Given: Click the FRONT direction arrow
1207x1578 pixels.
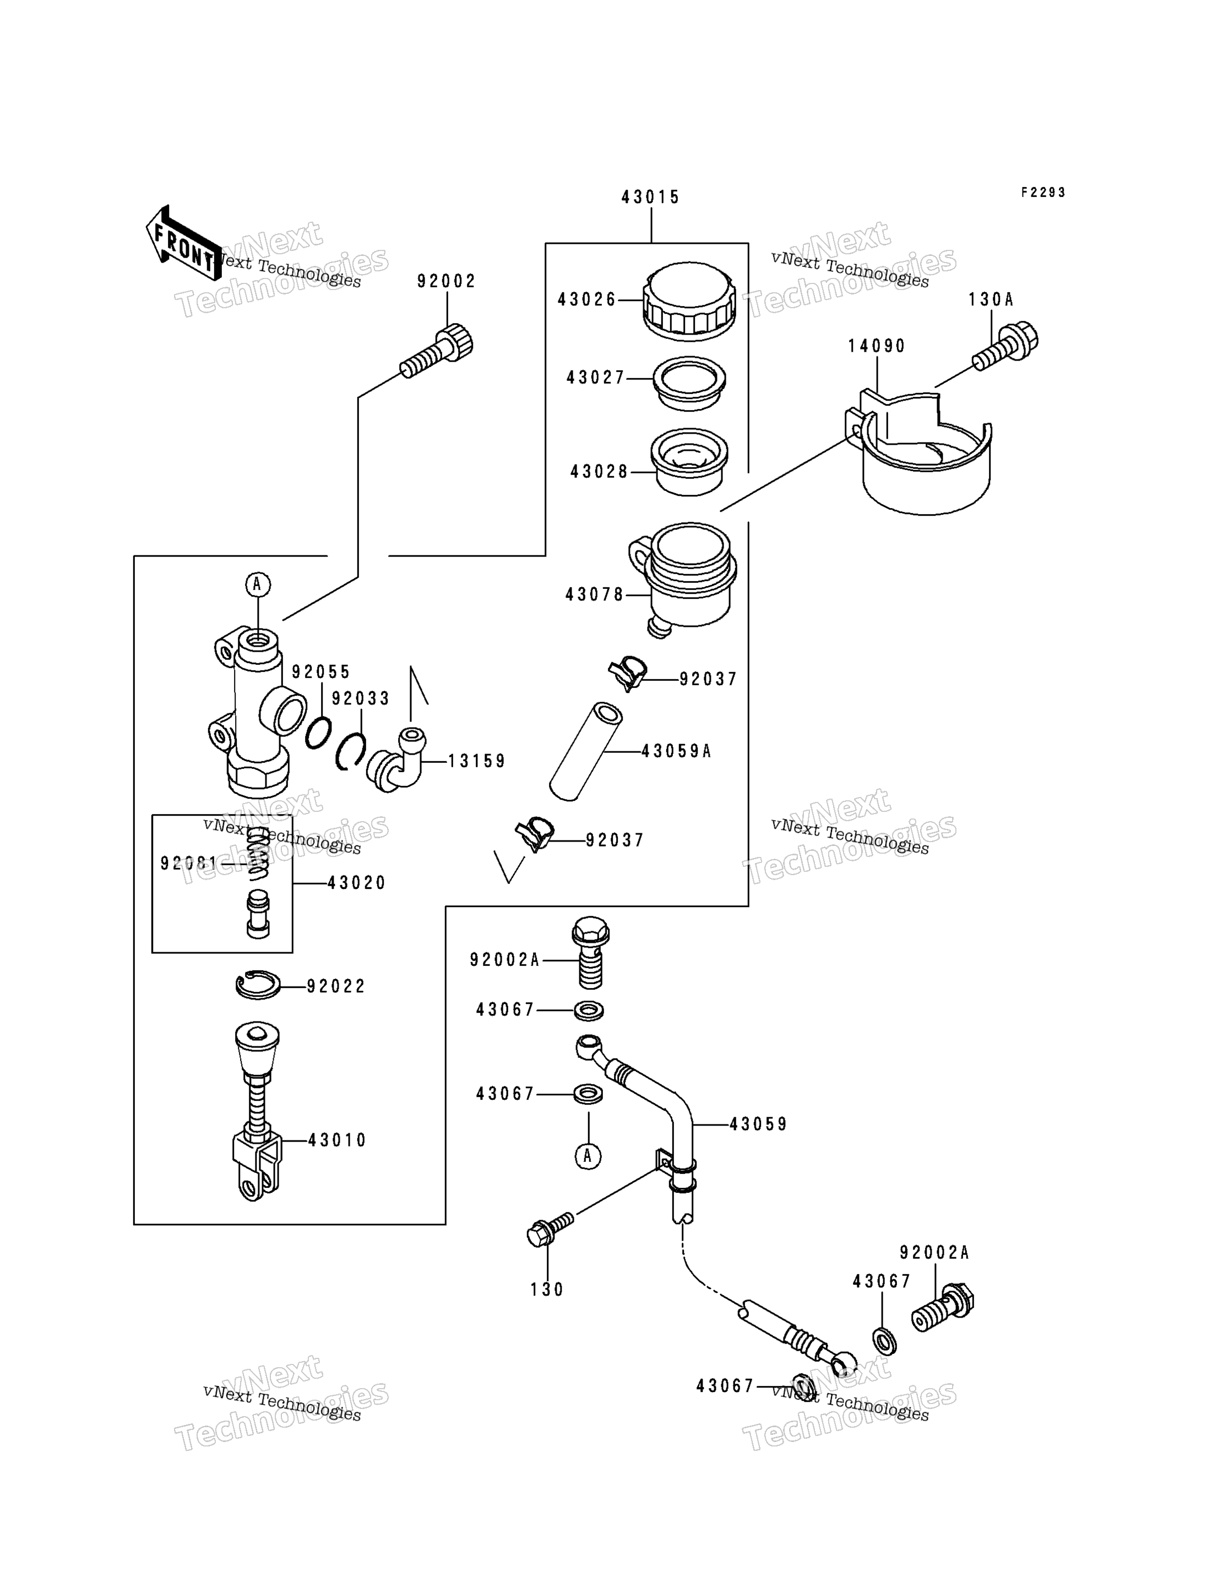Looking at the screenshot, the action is point(184,242).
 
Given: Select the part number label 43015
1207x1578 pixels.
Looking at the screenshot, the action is point(651,198).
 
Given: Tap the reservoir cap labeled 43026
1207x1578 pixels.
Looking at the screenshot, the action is point(690,301).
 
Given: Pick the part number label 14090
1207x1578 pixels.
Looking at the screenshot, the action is point(877,346).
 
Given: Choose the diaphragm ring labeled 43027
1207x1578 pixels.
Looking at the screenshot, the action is point(689,384).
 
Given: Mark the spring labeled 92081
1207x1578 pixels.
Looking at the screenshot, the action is point(258,853).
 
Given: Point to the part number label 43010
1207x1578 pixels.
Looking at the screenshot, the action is point(338,1140).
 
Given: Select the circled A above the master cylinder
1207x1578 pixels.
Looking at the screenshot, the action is point(258,584).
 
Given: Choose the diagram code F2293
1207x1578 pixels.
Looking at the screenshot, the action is point(1044,193).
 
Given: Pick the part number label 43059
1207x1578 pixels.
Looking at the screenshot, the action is point(759,1124).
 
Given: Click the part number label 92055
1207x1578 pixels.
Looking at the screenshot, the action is point(321,671).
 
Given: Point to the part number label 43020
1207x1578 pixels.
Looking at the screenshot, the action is point(357,883).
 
